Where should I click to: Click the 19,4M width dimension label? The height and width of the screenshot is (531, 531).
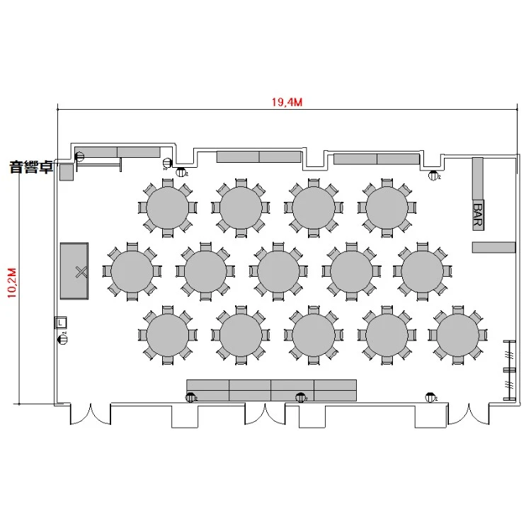click(287, 102)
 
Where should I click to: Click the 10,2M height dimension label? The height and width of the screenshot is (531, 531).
click(12, 282)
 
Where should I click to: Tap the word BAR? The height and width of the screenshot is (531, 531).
click(478, 215)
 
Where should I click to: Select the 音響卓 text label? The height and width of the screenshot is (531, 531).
click(31, 167)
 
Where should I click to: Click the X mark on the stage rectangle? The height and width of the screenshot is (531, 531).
click(81, 272)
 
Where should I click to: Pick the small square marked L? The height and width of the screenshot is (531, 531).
click(61, 322)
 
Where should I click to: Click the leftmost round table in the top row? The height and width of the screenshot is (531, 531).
click(168, 207)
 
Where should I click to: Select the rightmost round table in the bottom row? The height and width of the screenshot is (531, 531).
click(458, 335)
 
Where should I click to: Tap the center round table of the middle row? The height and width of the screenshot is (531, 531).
click(278, 271)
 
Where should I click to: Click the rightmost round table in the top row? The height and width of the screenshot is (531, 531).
click(387, 207)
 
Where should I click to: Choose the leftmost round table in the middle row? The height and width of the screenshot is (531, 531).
click(132, 271)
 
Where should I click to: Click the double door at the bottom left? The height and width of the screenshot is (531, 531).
click(91, 414)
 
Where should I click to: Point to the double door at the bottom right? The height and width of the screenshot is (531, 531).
click(469, 414)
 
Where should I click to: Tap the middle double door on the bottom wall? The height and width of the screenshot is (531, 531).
click(265, 414)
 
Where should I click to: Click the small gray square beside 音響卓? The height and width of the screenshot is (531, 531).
click(67, 172)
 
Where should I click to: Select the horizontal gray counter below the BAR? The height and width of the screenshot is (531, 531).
click(493, 247)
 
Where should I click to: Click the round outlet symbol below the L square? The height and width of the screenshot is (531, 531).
click(63, 338)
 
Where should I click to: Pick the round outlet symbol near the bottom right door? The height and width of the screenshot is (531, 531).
click(430, 397)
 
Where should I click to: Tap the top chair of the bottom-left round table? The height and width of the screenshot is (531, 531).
click(168, 310)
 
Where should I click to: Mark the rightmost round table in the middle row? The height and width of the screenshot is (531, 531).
click(422, 271)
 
